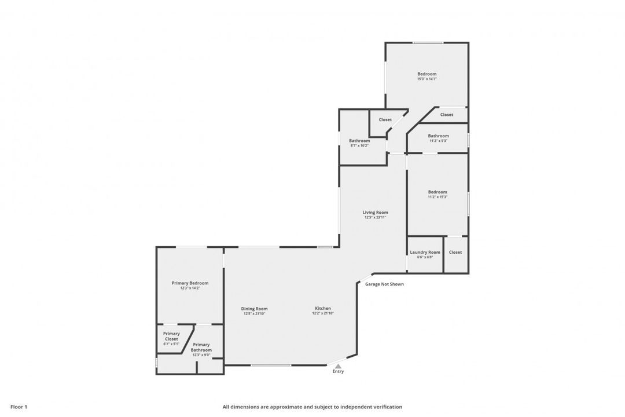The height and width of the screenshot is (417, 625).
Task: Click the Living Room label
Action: pos(376,213)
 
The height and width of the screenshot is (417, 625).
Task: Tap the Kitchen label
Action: pos(323,308)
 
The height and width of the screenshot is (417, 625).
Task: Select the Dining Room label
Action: pos(254,309)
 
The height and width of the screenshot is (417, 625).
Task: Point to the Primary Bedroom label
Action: pos(190,283)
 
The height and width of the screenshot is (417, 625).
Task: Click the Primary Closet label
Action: pos(171,336)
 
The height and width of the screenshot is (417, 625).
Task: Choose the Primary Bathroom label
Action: pos(201,347)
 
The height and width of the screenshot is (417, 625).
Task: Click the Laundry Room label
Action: pos(425,252)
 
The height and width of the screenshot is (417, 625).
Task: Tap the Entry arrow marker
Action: pos(338,365)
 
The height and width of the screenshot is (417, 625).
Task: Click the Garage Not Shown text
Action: pos(384,284)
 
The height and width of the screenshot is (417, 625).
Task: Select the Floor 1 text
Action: pos(19,407)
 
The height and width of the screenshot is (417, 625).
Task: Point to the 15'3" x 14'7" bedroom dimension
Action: pos(427,79)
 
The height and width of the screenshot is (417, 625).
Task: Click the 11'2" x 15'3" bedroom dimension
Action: pos(437,197)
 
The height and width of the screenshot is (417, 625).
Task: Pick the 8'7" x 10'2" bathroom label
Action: pos(359,145)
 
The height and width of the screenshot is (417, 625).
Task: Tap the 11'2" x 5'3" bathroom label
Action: pos(438,141)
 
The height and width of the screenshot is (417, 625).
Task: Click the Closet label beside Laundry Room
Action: pos(455,252)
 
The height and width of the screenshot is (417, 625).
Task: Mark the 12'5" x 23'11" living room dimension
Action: pos(376,218)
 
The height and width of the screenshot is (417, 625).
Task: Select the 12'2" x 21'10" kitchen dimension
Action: pos(323,313)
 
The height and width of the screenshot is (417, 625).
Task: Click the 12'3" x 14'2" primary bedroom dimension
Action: pos(190,288)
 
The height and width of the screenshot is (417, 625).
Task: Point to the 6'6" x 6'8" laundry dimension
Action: pos(425,257)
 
